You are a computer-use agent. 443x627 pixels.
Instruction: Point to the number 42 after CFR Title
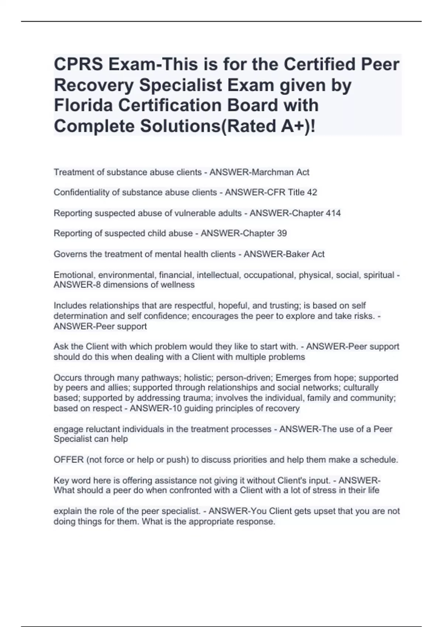312,193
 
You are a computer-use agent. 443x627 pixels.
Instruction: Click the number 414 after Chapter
333,213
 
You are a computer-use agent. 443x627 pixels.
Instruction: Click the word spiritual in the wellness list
379,275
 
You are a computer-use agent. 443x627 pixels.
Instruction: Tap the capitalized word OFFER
69,460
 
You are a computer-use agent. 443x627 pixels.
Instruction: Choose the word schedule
379,460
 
